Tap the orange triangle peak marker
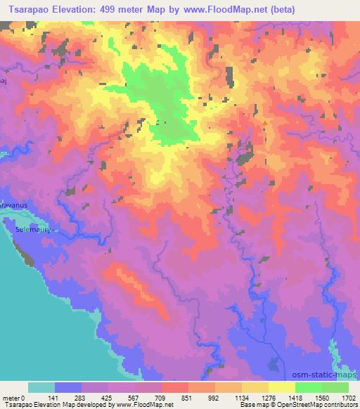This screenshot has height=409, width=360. (264, 123)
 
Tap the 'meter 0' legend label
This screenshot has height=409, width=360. (14, 397)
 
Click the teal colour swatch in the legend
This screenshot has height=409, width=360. (41, 387)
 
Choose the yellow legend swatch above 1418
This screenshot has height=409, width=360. (281, 387)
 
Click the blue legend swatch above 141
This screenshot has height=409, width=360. (68, 387)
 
